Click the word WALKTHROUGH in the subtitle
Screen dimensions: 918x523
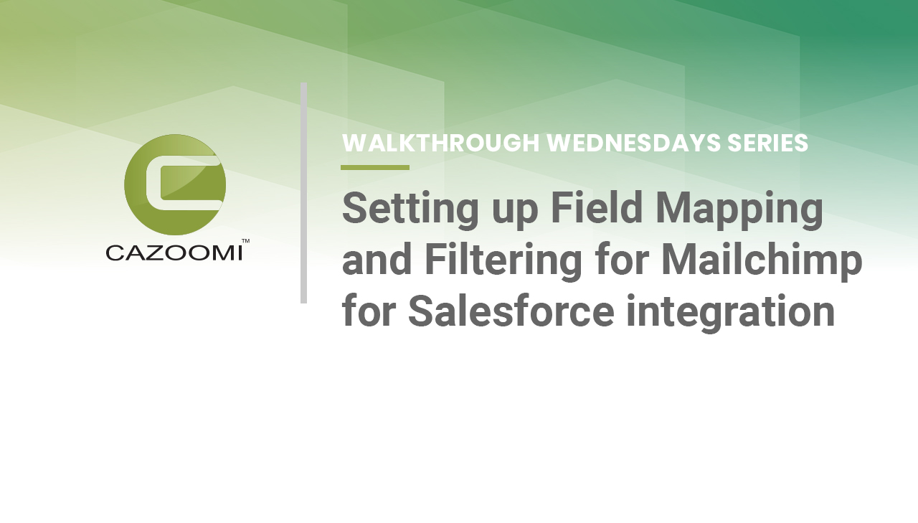point(440,143)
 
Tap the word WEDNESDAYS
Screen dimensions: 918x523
point(634,143)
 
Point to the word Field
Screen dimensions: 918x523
point(596,207)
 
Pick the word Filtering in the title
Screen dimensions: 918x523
point(503,260)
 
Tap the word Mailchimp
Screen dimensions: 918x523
point(762,260)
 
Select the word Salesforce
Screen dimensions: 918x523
point(511,311)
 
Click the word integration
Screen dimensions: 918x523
point(730,312)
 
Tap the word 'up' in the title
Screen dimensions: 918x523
point(514,214)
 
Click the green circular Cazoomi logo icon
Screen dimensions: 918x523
point(175,185)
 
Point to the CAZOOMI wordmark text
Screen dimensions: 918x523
point(174,253)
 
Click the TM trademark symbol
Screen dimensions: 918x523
point(245,241)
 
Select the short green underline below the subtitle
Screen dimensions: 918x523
point(375,167)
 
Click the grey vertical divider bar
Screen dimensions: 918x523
point(303,193)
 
